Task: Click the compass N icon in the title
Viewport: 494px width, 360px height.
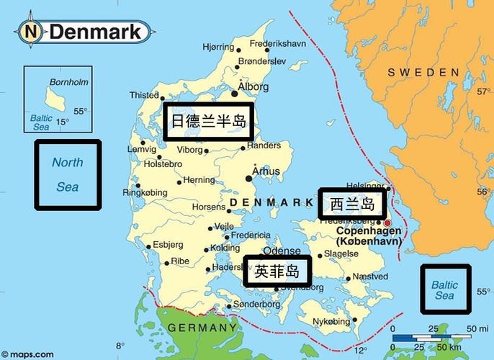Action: (30, 31)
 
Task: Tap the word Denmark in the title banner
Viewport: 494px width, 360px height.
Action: (95, 32)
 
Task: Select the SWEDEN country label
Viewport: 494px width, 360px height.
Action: (423, 73)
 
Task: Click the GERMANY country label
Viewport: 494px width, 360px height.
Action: (202, 328)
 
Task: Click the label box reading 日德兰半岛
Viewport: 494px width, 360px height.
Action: (208, 122)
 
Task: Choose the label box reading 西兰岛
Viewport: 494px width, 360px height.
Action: (353, 204)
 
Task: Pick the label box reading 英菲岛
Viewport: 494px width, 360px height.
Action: (277, 271)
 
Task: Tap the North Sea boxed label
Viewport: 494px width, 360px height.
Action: (68, 175)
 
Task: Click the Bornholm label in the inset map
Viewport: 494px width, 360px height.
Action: (68, 81)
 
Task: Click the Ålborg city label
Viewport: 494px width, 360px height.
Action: (254, 87)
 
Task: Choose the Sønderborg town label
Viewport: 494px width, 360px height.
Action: (256, 305)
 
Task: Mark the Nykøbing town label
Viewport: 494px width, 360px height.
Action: (333, 321)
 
